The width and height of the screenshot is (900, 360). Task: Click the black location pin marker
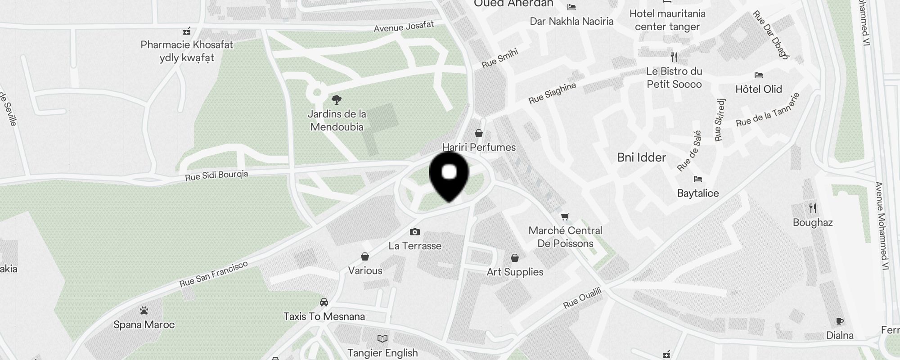449,176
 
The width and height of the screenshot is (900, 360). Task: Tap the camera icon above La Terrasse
415,232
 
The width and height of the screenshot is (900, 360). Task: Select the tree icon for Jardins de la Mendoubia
336,99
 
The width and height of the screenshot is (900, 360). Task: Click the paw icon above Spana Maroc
144,310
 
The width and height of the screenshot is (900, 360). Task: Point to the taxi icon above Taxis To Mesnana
324,302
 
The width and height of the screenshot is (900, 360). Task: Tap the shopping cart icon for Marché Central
565,216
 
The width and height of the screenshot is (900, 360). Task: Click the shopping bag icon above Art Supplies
515,258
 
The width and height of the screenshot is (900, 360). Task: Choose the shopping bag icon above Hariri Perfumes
479,133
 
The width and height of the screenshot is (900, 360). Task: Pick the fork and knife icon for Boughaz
813,208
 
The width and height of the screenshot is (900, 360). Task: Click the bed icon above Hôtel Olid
759,75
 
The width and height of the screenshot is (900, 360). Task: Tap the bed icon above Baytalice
698,179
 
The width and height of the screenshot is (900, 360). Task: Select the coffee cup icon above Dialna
840,321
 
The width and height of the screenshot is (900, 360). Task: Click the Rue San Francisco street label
214,274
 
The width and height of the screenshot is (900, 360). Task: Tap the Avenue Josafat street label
404,27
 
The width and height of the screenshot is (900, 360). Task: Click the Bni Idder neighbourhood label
642,157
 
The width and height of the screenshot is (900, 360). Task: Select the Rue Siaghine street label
552,93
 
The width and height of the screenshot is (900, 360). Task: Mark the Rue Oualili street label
582,298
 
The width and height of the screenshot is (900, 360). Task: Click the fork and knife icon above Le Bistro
674,57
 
